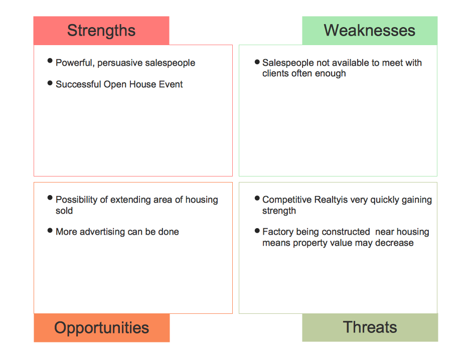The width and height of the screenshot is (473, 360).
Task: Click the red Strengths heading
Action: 101,31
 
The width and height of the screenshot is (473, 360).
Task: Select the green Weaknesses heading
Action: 370,31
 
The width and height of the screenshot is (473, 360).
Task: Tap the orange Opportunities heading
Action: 102,328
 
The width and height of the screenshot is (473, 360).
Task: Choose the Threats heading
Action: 370,327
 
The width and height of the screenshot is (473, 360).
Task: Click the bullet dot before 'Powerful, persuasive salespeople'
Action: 50,61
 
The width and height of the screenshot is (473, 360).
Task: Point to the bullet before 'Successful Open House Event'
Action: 50,83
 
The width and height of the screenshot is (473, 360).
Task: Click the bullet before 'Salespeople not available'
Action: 257,62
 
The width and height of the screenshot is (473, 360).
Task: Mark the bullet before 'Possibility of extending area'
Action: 50,198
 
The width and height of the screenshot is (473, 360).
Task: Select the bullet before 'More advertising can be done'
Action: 50,231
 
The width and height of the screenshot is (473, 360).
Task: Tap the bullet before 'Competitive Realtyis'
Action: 257,198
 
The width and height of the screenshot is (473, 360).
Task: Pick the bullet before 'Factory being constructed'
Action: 257,231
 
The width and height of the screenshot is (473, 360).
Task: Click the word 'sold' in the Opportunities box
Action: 64,211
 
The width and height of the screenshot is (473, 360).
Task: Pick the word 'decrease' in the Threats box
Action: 394,243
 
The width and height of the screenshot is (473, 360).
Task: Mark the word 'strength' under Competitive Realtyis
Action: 279,211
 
